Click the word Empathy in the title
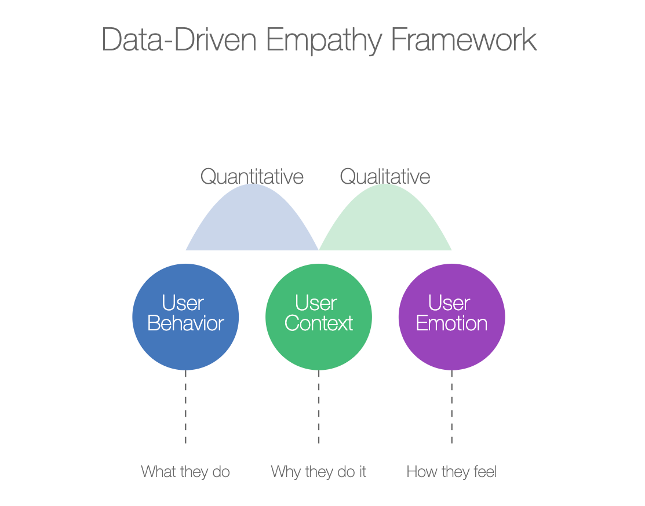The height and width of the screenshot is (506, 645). pyautogui.click(x=324, y=41)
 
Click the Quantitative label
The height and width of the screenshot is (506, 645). pyautogui.click(x=252, y=177)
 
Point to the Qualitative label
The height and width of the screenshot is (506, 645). pyautogui.click(x=385, y=177)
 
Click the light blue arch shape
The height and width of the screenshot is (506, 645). pyautogui.click(x=252, y=222)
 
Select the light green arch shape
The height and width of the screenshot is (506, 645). pyautogui.click(x=385, y=222)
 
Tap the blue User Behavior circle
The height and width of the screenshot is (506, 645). pyautogui.click(x=185, y=317)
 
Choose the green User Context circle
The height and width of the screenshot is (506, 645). pyautogui.click(x=319, y=317)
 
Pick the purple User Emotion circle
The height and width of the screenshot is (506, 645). pyautogui.click(x=451, y=317)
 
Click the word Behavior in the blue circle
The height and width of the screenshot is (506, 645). pyautogui.click(x=185, y=323)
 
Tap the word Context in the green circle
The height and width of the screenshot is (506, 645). pyautogui.click(x=319, y=323)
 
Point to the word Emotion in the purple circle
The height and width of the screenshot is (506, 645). pyautogui.click(x=451, y=323)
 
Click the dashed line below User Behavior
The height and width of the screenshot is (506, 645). pyautogui.click(x=185, y=407)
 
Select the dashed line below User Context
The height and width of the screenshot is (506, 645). pyautogui.click(x=319, y=407)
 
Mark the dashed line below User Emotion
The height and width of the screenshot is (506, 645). pyautogui.click(x=451, y=407)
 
